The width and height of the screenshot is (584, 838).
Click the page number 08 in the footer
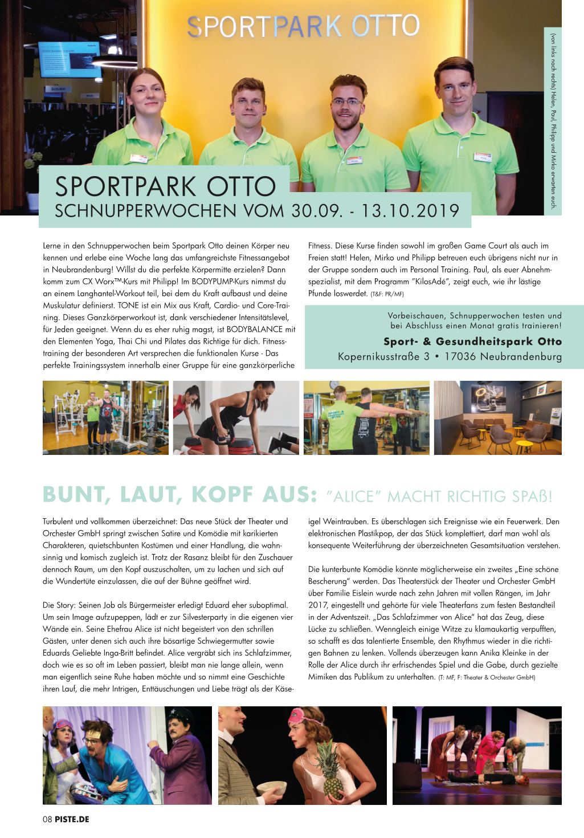click(47, 819)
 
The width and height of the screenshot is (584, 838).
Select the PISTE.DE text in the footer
click(72, 819)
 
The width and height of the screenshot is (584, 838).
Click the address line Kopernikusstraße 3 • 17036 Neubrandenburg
click(450, 357)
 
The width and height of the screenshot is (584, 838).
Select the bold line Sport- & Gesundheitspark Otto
click(472, 341)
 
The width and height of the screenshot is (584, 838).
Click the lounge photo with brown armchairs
click(497, 418)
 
